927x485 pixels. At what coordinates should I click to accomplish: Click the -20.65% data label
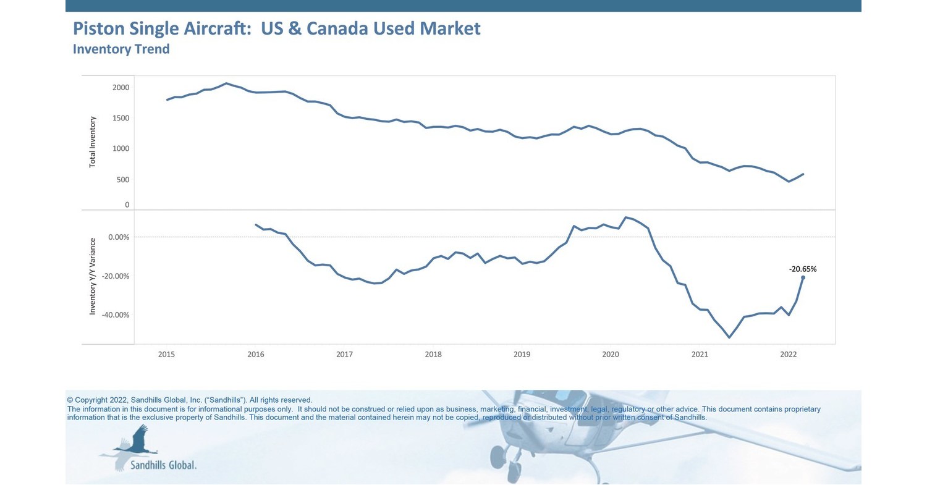pyautogui.click(x=802, y=269)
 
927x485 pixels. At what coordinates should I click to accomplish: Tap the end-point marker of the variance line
pyautogui.click(x=803, y=277)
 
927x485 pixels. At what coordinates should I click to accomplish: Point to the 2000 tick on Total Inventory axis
pyautogui.click(x=121, y=88)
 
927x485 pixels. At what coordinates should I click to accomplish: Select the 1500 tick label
pyautogui.click(x=121, y=118)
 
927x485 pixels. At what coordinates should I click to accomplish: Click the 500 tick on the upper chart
pyautogui.click(x=122, y=180)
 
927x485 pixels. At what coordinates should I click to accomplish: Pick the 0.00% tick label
pyautogui.click(x=119, y=237)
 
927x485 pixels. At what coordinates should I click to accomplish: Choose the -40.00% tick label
pyautogui.click(x=116, y=315)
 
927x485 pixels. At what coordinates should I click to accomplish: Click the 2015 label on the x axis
pyautogui.click(x=166, y=355)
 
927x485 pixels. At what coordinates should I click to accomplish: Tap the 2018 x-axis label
pyautogui.click(x=433, y=355)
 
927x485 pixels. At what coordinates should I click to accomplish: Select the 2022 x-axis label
pyautogui.click(x=788, y=355)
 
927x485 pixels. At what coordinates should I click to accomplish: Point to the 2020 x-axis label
pyautogui.click(x=611, y=355)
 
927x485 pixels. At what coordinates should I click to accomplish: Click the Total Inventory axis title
pyautogui.click(x=93, y=142)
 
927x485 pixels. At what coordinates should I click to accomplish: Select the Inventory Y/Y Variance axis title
pyautogui.click(x=93, y=276)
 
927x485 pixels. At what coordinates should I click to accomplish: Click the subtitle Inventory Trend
pyautogui.click(x=121, y=49)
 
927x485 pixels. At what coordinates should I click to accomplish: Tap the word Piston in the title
pyautogui.click(x=99, y=28)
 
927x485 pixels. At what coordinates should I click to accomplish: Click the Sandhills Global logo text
pyautogui.click(x=163, y=465)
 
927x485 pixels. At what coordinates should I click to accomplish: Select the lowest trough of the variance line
pyautogui.click(x=729, y=337)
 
